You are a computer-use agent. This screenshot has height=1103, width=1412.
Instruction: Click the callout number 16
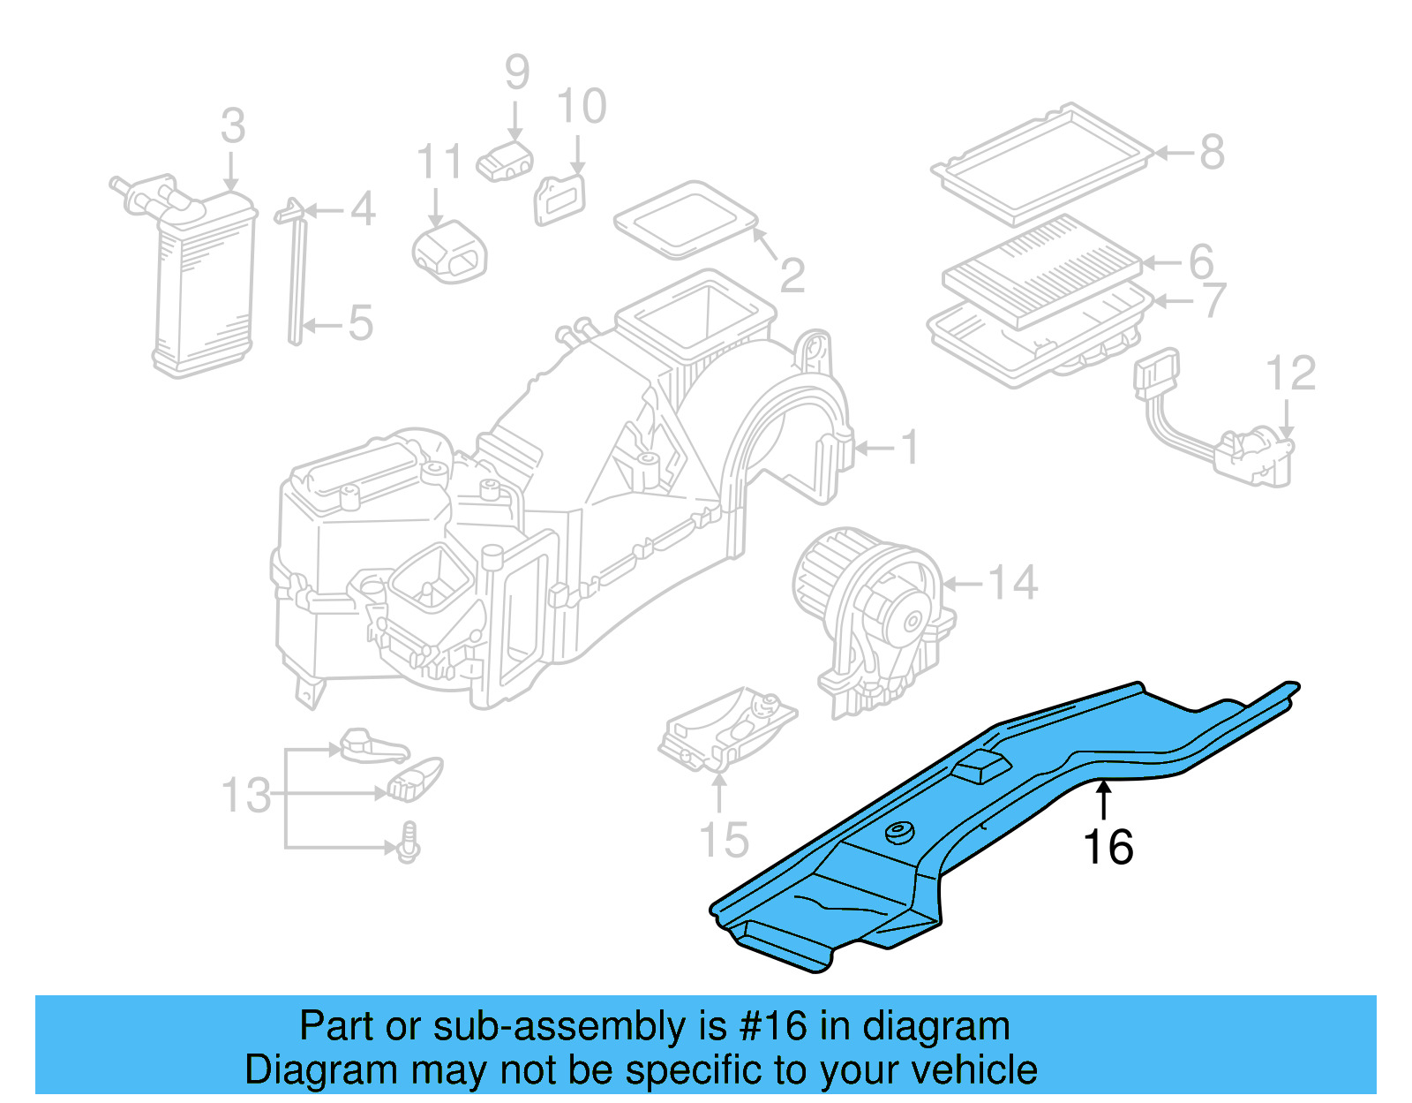pyautogui.click(x=1108, y=848)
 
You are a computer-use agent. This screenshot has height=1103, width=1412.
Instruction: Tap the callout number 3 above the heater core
pyautogui.click(x=232, y=126)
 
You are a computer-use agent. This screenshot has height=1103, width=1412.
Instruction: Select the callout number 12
pyautogui.click(x=1290, y=374)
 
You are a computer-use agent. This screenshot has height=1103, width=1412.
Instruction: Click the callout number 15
pyautogui.click(x=724, y=840)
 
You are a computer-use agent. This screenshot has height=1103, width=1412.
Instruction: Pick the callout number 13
pyautogui.click(x=246, y=796)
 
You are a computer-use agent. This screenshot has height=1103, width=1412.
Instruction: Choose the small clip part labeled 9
pyautogui.click(x=505, y=162)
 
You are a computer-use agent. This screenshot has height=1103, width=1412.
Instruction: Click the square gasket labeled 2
pyautogui.click(x=686, y=218)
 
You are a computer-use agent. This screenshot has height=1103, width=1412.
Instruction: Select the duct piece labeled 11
pyautogui.click(x=450, y=251)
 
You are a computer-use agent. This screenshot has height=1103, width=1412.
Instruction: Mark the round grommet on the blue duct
pyautogui.click(x=899, y=832)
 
